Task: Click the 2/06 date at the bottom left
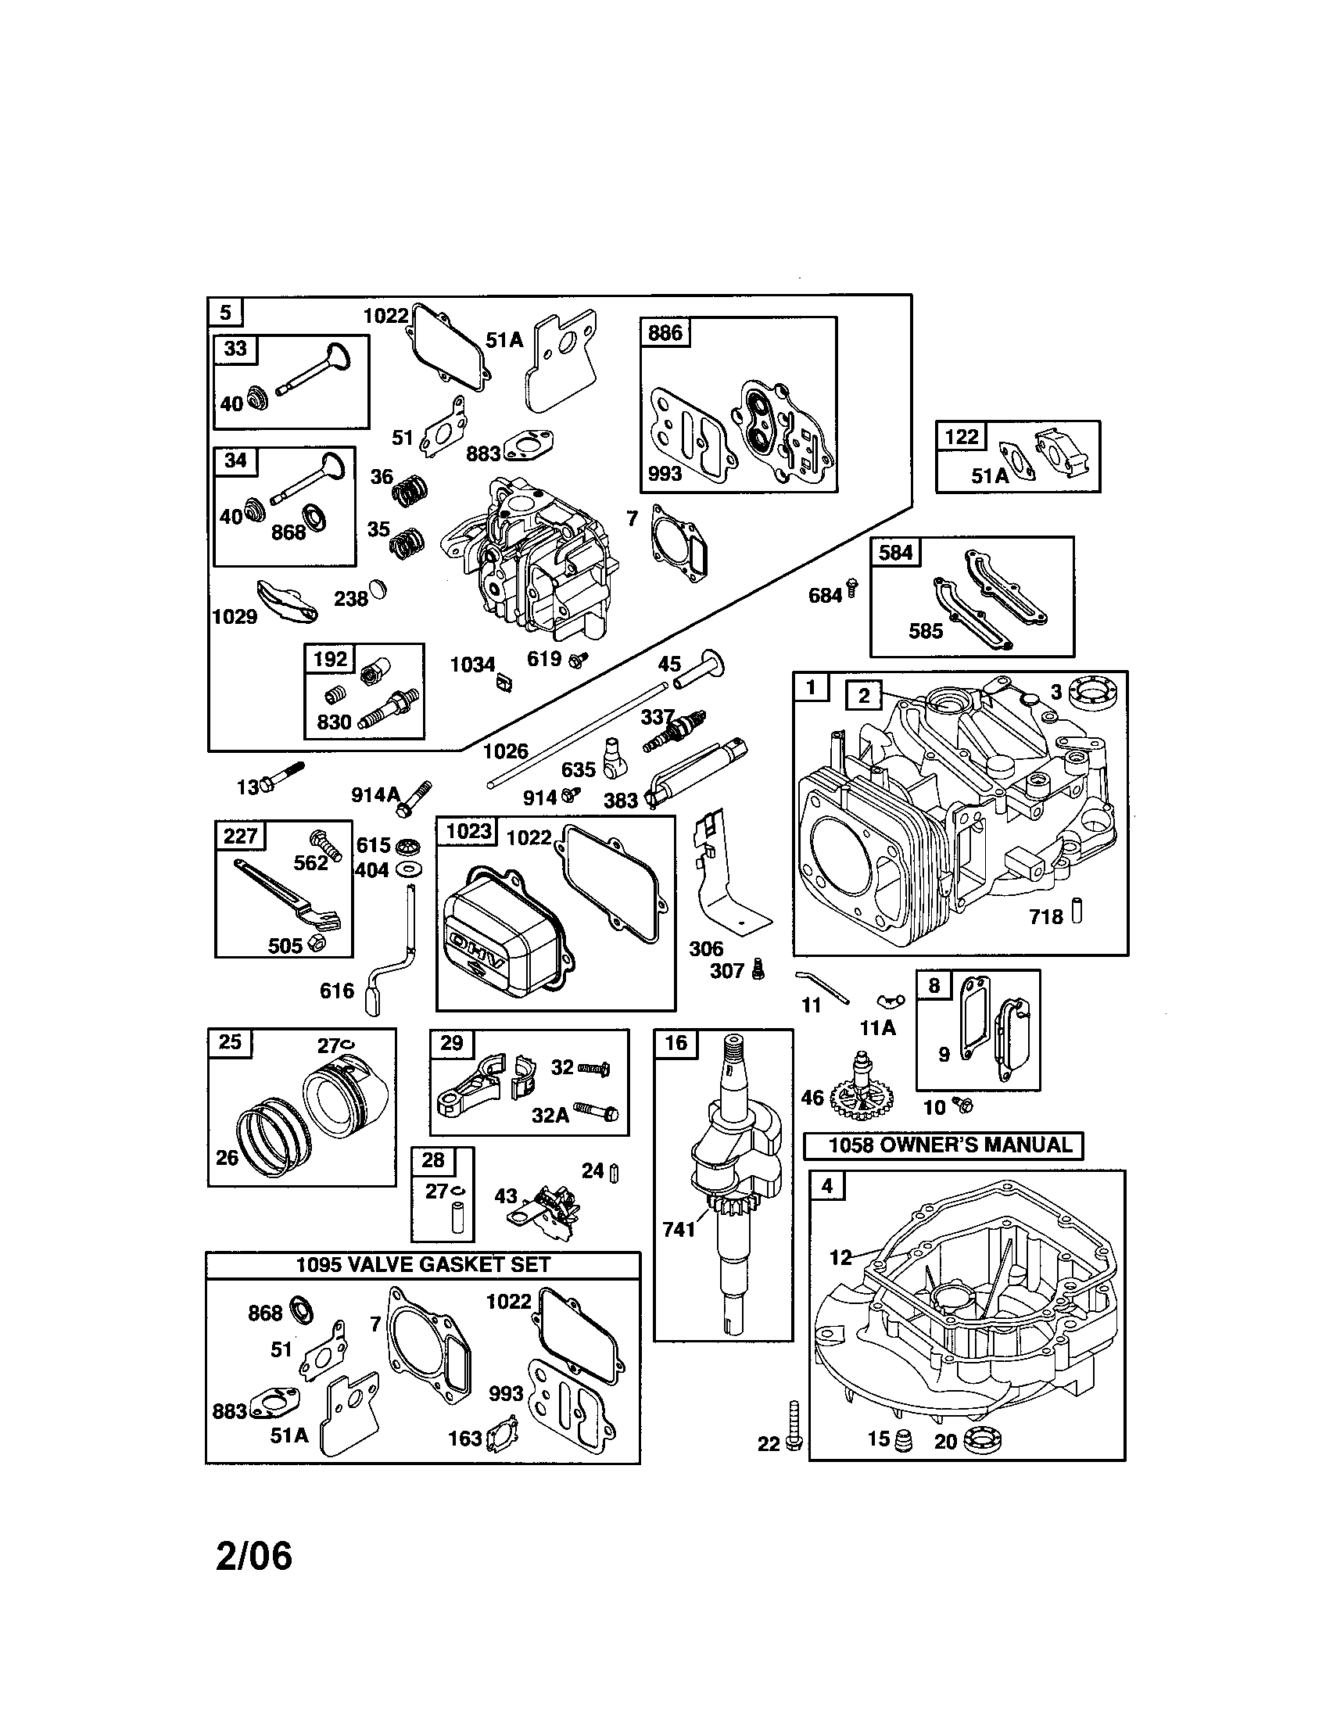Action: pyautogui.click(x=253, y=1556)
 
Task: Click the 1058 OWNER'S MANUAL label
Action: pyautogui.click(x=943, y=1146)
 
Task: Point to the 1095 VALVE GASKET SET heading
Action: pyautogui.click(x=423, y=1265)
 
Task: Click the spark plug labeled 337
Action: pyautogui.click(x=676, y=731)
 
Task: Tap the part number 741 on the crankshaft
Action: pyautogui.click(x=679, y=1228)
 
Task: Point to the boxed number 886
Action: pyautogui.click(x=665, y=333)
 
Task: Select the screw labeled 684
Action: pyautogui.click(x=852, y=588)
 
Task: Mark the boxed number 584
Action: pyautogui.click(x=895, y=553)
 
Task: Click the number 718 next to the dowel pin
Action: pyautogui.click(x=1045, y=917)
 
